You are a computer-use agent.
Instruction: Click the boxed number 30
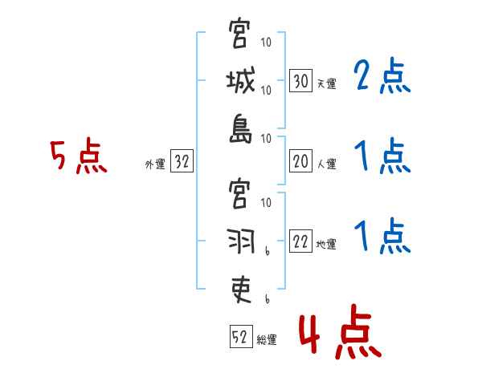[300, 81]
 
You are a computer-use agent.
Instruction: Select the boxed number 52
[240, 338]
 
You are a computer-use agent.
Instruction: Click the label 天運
[326, 83]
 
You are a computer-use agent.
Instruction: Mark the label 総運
[267, 339]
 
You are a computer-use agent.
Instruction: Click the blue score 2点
[382, 78]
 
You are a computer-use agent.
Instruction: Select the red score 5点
[78, 156]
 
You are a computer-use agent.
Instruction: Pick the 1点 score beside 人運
[382, 156]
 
